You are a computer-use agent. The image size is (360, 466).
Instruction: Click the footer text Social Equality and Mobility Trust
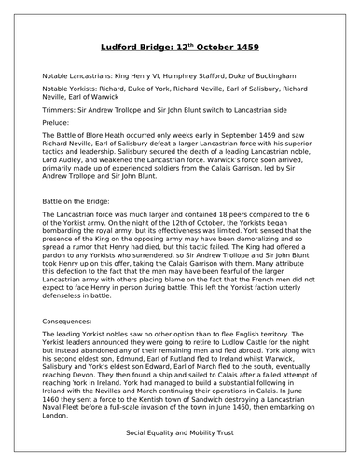point(180,434)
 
